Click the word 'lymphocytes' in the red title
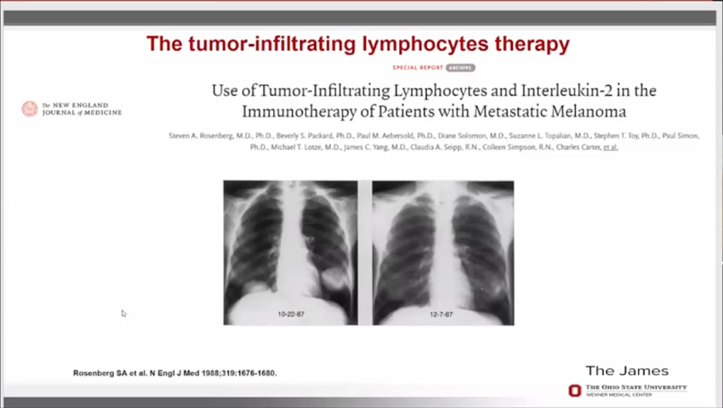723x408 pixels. pos(424,45)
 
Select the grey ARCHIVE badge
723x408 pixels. pos(460,68)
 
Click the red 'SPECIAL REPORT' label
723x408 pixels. pos(418,68)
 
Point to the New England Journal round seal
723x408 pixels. pos(29,108)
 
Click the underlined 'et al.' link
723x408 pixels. pos(611,147)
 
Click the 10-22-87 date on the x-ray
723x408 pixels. pos(291,314)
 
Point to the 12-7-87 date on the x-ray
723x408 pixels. pos(441,314)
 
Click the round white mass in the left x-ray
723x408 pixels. pos(333,279)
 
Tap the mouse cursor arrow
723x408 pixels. pos(124,314)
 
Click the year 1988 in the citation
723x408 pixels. pos(210,373)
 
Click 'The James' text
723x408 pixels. pos(627,371)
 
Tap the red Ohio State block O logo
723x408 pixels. pos(575,391)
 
